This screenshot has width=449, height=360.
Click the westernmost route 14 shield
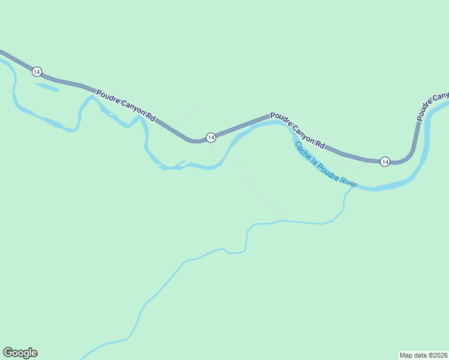pos(37,71)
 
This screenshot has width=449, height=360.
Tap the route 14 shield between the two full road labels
pos(211,137)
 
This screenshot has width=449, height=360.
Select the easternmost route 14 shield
pos(385,161)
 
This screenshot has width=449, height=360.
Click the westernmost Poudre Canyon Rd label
pos(125,107)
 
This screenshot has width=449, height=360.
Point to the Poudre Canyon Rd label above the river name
pos(297,129)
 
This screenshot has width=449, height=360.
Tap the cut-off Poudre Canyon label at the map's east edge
pos(433,106)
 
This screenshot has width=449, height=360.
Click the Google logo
pos(20,353)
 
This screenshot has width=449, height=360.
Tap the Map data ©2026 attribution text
pos(423,355)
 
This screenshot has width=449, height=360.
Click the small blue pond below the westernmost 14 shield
pos(47,87)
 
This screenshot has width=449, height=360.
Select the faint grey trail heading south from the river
pos(252,186)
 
